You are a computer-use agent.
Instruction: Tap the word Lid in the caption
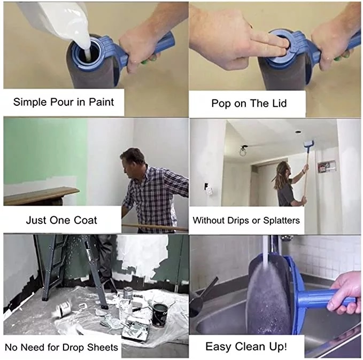tap(279, 103)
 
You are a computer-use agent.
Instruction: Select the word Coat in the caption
tap(86, 220)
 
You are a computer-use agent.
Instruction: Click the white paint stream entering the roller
tap(86, 46)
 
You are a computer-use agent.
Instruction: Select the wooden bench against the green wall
tap(41, 195)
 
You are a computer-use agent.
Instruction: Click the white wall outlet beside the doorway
tap(209, 190)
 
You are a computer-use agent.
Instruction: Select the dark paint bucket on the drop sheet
tap(159, 315)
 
